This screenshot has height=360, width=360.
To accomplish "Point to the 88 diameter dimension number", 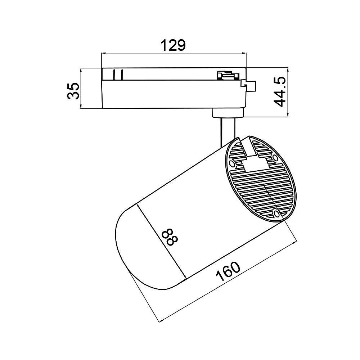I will click(x=169, y=238).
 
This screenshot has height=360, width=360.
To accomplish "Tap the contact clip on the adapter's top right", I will click(x=227, y=75).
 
